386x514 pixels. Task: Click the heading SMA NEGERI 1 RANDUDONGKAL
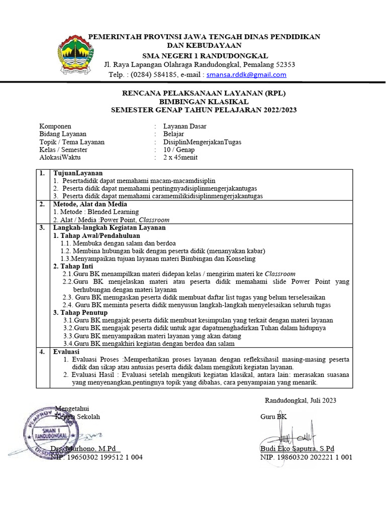(205, 55)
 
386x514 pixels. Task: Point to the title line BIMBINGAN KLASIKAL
(205, 102)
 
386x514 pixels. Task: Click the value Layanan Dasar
(184, 126)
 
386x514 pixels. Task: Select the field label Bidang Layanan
(63, 134)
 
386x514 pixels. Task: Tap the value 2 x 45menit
(180, 157)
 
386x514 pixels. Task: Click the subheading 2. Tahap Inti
(73, 266)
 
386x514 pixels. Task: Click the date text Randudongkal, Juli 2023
(301, 400)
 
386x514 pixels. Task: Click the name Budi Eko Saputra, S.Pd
(297, 449)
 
